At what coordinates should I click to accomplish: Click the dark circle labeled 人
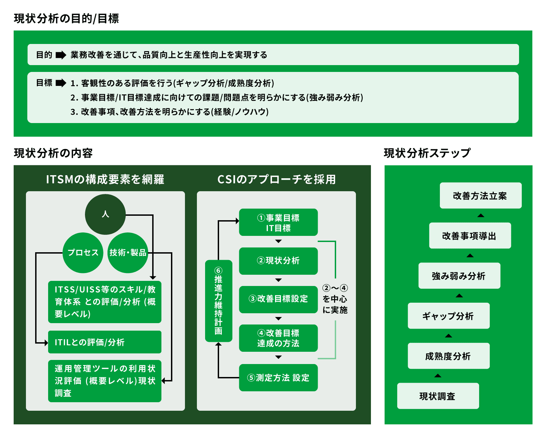point(105,214)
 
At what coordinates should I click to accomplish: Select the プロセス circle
point(83,253)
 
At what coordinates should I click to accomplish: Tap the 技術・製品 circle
point(128,253)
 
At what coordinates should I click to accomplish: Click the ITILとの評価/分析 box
point(104,342)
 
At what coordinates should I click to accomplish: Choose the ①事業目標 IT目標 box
point(278,222)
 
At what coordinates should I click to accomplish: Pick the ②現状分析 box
point(278,261)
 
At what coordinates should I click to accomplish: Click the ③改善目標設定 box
point(278,299)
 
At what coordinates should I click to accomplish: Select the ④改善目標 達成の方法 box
point(278,338)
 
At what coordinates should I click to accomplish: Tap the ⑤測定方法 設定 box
point(278,378)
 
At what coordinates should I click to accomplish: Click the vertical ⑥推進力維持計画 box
point(218,301)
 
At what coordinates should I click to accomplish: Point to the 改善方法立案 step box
point(480,196)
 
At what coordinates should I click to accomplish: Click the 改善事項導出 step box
point(470,236)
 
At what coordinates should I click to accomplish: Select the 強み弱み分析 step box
point(459,276)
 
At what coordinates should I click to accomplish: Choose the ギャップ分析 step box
point(448,316)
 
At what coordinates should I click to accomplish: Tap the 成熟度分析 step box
point(448,356)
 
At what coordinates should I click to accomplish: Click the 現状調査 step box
point(438,396)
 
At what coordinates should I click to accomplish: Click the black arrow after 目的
point(61,55)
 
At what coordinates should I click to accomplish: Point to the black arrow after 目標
point(61,83)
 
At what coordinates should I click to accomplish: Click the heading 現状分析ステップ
point(427,153)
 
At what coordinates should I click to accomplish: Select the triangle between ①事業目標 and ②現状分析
point(278,241)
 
